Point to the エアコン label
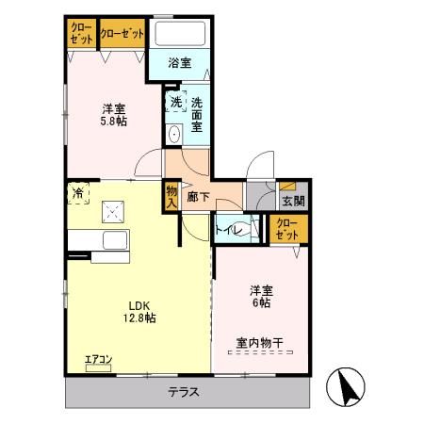click(x=98, y=359)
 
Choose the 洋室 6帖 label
click(x=260, y=296)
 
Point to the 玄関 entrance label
click(x=292, y=201)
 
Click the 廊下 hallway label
click(x=198, y=197)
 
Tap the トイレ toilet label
click(x=229, y=229)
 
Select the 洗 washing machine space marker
click(x=175, y=103)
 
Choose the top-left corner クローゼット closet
click(x=81, y=35)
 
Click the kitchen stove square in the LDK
click(x=115, y=212)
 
